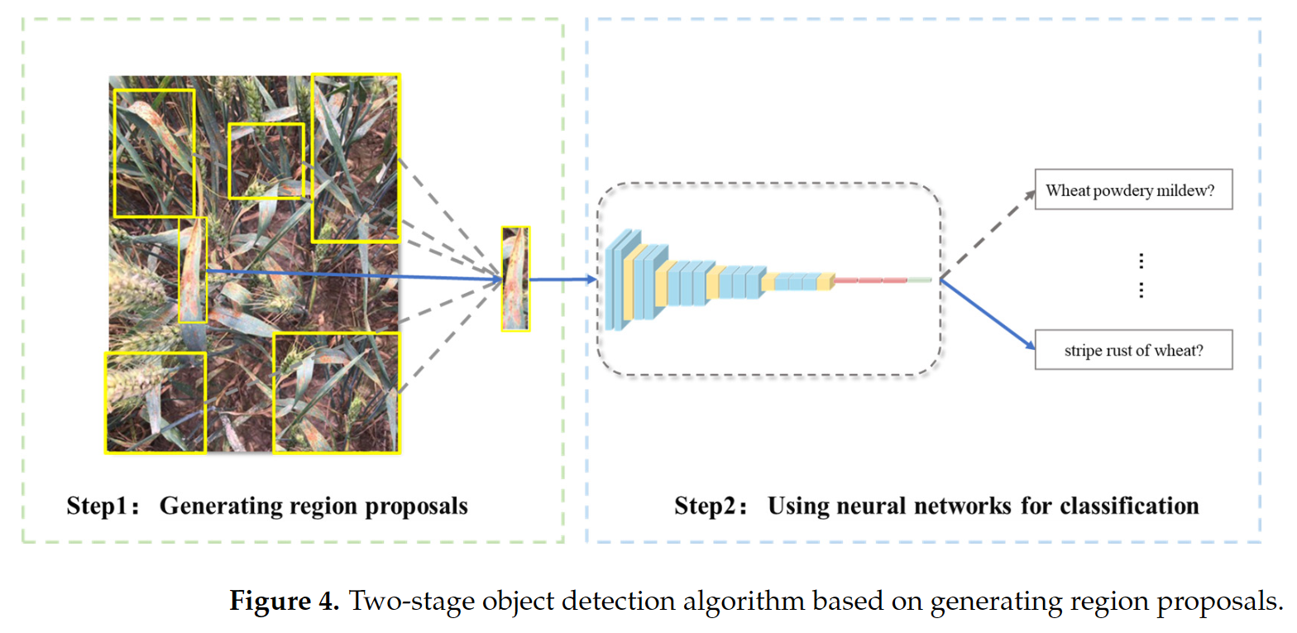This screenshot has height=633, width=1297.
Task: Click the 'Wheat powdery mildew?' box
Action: click(x=1133, y=191)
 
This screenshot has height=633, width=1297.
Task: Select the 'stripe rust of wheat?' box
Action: click(x=1133, y=350)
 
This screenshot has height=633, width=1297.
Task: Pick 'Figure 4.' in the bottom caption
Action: click(x=284, y=601)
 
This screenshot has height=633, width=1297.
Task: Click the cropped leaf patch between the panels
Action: click(x=515, y=280)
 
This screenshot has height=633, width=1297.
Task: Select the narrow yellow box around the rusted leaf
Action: click(x=193, y=270)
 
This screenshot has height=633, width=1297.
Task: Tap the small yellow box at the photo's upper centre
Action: click(x=266, y=161)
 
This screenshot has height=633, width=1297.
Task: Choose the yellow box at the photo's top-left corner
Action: click(x=154, y=153)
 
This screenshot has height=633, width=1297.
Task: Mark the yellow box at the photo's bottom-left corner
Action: click(x=155, y=402)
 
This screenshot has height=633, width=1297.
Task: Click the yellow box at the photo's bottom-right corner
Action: click(x=336, y=392)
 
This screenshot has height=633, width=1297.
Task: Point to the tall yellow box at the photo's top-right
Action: click(x=356, y=158)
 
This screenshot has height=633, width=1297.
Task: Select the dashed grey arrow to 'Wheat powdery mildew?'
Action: click(x=987, y=234)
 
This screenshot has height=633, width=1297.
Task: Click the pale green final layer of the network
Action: click(x=920, y=281)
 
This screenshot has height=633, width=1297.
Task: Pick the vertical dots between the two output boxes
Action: click(x=1141, y=276)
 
